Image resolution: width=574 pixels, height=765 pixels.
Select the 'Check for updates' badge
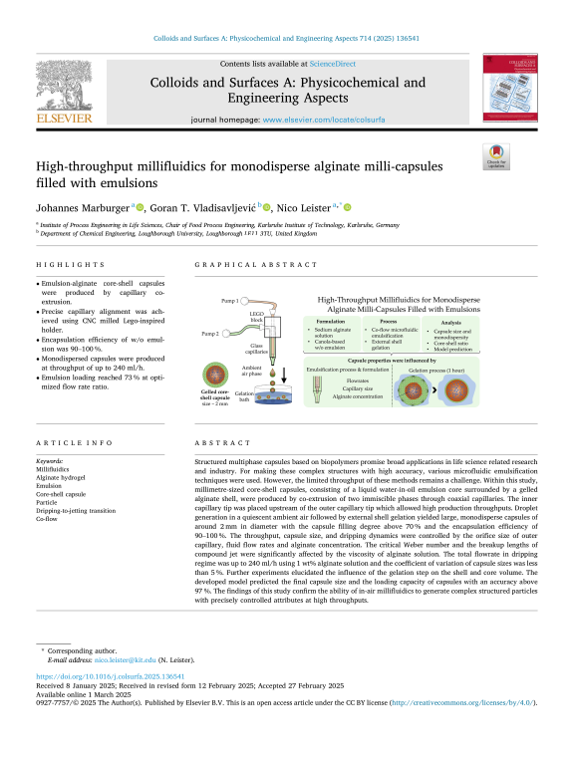click(495, 155)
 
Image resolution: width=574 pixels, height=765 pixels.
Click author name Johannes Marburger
click(83, 207)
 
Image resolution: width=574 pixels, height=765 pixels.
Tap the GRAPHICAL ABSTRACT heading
click(237, 265)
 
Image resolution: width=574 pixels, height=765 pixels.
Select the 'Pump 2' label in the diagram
click(208, 333)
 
